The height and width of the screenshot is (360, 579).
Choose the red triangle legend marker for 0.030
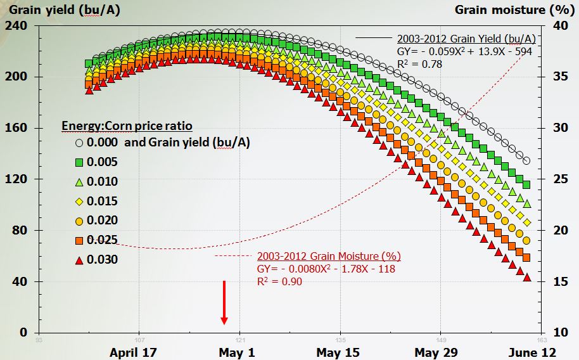pos(79,260)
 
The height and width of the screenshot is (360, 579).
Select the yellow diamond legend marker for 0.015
pos(79,202)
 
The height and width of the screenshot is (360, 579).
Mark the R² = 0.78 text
pos(415,64)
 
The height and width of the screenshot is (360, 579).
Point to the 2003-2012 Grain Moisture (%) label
pos(329,257)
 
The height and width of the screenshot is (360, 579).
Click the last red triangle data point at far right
pos(526,278)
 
